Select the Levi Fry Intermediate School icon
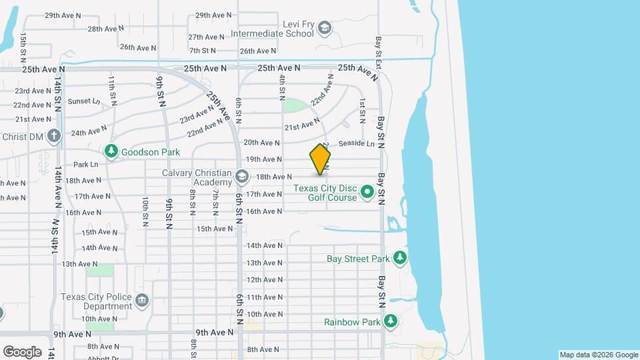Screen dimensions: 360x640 point(324,27)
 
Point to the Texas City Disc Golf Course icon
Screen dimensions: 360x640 point(367,193)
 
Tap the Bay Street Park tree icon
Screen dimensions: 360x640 point(399,258)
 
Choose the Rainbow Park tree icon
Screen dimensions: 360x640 point(391,322)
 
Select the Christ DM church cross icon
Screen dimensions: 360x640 point(54,136)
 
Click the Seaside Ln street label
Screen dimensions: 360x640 point(357,143)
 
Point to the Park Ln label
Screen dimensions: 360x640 point(85,165)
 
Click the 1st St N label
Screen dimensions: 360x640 point(362,111)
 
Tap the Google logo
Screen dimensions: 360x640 point(22,352)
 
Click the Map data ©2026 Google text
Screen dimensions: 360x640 point(598,355)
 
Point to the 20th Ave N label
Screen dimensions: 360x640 point(261,142)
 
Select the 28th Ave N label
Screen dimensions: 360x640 point(104,29)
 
